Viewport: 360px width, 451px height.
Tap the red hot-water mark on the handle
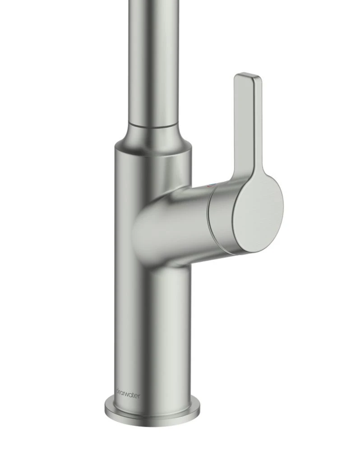pos(208,185)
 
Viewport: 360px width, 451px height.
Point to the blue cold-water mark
pos(212,184)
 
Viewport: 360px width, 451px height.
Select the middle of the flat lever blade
pos(246,122)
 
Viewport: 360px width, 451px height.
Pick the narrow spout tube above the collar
pos(153,59)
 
